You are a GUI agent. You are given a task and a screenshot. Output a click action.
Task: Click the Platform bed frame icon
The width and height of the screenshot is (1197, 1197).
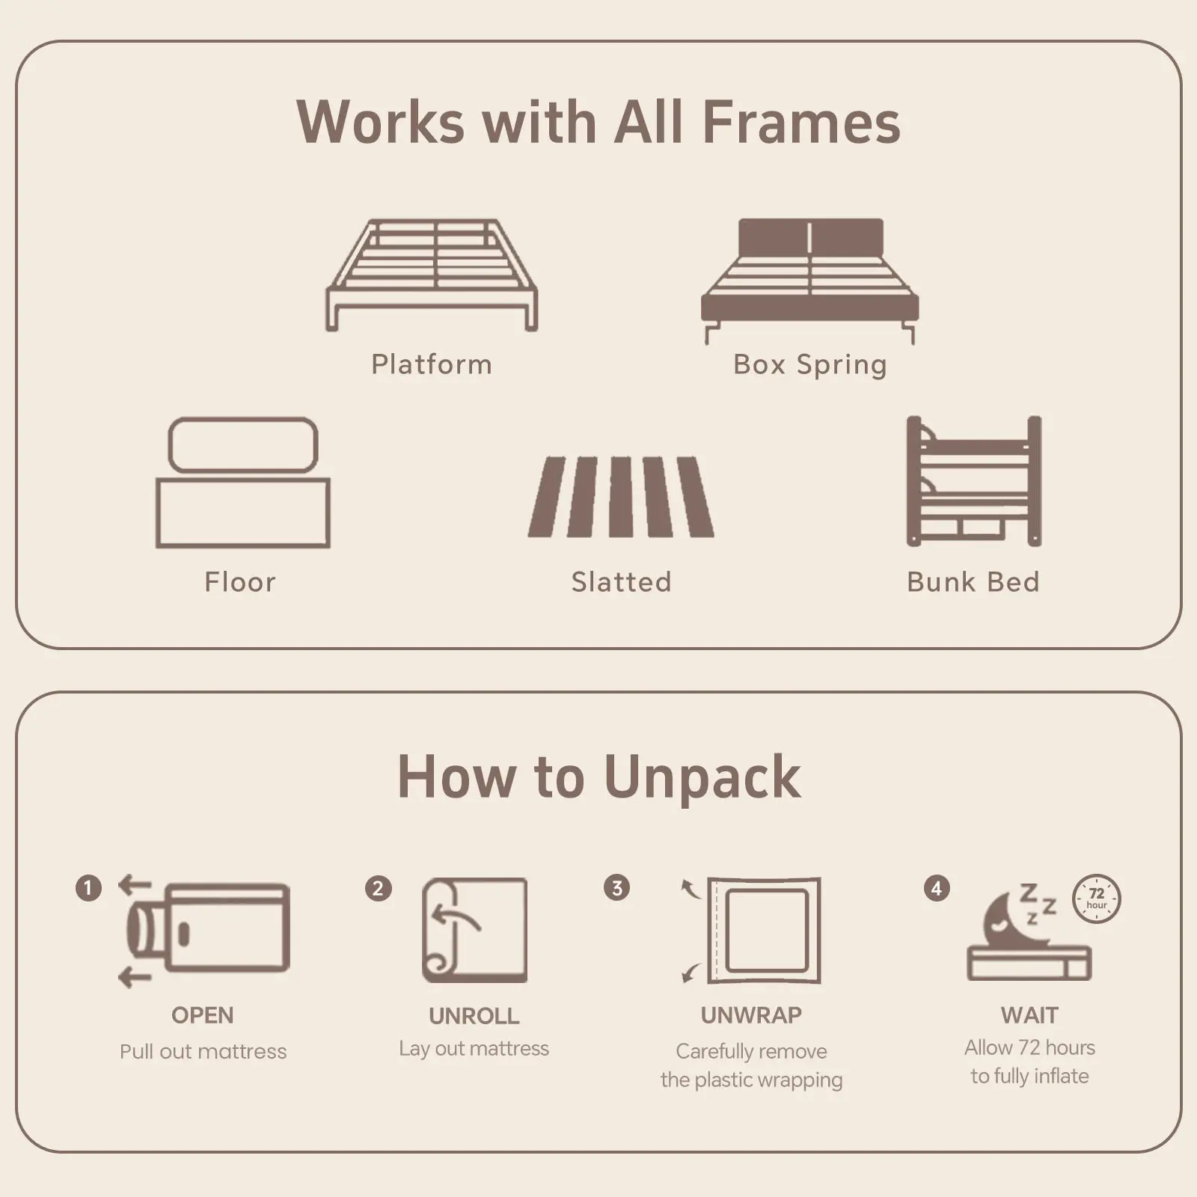432,275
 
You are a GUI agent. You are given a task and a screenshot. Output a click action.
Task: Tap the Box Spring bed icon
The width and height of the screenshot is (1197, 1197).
810,281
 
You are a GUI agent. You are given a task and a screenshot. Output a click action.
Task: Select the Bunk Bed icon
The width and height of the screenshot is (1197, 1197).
974,481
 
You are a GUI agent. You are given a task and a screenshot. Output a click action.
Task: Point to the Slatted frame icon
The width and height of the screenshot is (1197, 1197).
621,497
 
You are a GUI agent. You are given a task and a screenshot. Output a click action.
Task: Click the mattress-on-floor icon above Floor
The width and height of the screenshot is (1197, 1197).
243,482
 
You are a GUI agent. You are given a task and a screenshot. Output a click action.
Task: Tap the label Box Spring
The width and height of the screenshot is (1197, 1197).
810,365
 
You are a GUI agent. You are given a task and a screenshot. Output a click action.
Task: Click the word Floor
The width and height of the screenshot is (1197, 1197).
240,582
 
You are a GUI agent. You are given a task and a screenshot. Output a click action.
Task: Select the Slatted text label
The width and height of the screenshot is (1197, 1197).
621,582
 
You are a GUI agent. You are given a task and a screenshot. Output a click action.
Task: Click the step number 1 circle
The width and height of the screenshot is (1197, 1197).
88,888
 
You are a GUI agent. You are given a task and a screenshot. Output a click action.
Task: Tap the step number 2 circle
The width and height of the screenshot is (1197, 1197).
379,888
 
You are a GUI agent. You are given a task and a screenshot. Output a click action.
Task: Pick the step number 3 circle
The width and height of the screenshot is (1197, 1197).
617,888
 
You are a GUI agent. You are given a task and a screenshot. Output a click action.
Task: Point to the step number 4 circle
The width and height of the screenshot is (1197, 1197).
937,888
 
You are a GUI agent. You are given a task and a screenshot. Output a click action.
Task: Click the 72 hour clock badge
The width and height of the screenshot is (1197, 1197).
1097,898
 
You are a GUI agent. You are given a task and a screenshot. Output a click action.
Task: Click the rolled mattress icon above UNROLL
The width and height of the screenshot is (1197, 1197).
475,930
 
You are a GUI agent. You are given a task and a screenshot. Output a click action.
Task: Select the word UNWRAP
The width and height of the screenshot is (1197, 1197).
751,1015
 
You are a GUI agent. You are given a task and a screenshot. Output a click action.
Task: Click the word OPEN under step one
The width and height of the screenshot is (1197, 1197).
203,1015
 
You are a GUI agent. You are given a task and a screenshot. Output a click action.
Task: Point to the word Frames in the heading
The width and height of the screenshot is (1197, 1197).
801,122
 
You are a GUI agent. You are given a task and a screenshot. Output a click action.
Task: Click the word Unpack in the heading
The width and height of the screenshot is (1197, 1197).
702,779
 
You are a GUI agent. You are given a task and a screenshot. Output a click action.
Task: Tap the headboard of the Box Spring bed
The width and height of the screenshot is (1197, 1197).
810,238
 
